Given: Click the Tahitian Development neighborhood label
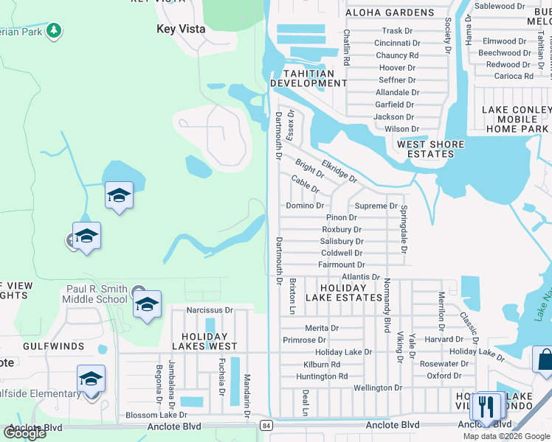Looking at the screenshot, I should (308, 78).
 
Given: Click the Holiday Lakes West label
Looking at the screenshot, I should (205, 340).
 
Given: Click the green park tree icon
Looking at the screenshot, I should (53, 30).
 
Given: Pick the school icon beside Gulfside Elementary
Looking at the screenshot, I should (91, 379).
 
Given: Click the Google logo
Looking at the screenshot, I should (24, 433).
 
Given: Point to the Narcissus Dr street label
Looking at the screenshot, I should (209, 310).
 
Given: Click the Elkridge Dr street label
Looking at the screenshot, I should (339, 172).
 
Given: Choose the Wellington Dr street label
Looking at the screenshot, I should (378, 387).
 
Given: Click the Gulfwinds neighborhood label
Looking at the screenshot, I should (32, 345).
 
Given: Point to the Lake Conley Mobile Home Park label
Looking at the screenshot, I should (517, 119).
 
